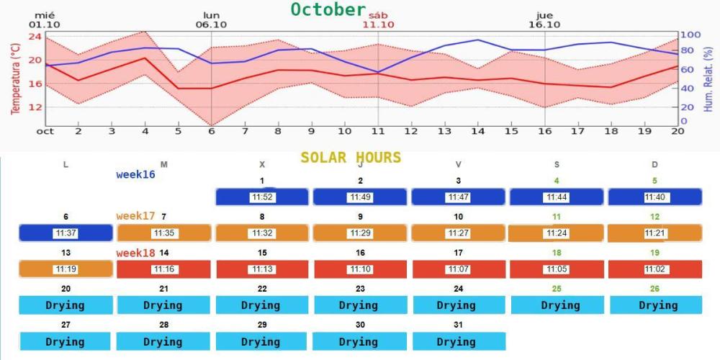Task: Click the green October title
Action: [328, 9]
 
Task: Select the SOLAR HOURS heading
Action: [351, 158]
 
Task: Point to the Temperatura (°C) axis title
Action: [14, 78]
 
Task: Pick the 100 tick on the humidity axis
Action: [690, 35]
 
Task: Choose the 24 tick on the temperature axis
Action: [33, 36]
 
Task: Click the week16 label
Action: [135, 174]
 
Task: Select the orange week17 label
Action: [135, 216]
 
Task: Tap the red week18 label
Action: [137, 253]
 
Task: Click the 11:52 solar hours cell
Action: [262, 197]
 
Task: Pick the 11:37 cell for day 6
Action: [66, 233]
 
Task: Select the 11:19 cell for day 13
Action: [66, 269]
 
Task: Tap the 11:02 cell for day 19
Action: [654, 269]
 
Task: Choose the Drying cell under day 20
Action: [66, 305]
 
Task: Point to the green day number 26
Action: [654, 289]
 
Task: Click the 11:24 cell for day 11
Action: [556, 233]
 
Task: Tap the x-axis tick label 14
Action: [477, 131]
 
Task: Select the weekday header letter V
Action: [458, 165]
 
